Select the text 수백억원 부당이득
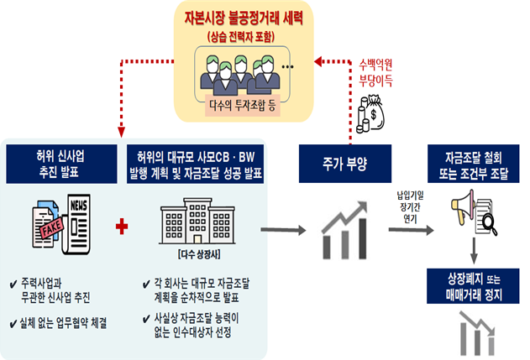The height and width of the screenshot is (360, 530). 375,73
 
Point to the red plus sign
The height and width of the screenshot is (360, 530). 123,227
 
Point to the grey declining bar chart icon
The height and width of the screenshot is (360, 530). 475,331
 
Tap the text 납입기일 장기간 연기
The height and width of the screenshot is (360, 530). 415,208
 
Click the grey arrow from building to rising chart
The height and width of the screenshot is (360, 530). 283,228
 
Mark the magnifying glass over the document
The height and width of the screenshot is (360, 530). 489,222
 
